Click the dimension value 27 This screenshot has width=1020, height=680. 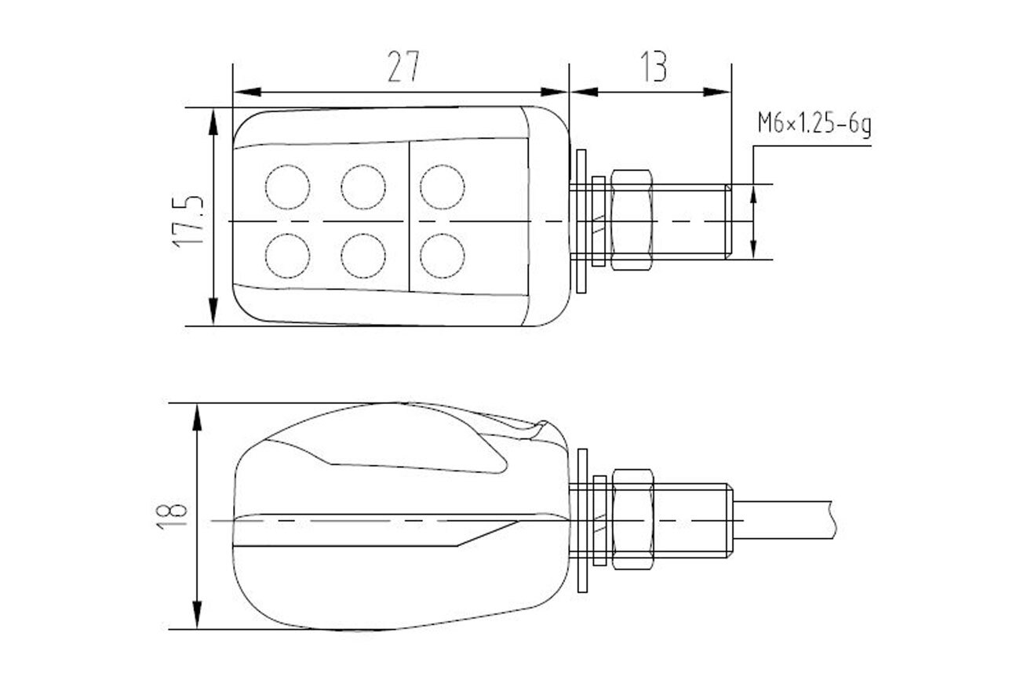pos(403,67)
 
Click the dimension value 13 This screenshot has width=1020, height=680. pos(654,67)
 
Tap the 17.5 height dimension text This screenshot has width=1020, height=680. pos(188,222)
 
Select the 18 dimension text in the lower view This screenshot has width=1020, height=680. pos(172,516)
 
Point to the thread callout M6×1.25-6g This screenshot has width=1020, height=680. pos(814,123)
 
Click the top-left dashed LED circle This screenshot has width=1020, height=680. pos(287,187)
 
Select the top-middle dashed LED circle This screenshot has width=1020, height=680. pos(363,187)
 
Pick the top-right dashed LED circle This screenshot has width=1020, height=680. pos(443,187)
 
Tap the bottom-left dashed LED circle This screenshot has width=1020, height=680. pos(287,256)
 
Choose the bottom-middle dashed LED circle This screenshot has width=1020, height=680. pos(363,256)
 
